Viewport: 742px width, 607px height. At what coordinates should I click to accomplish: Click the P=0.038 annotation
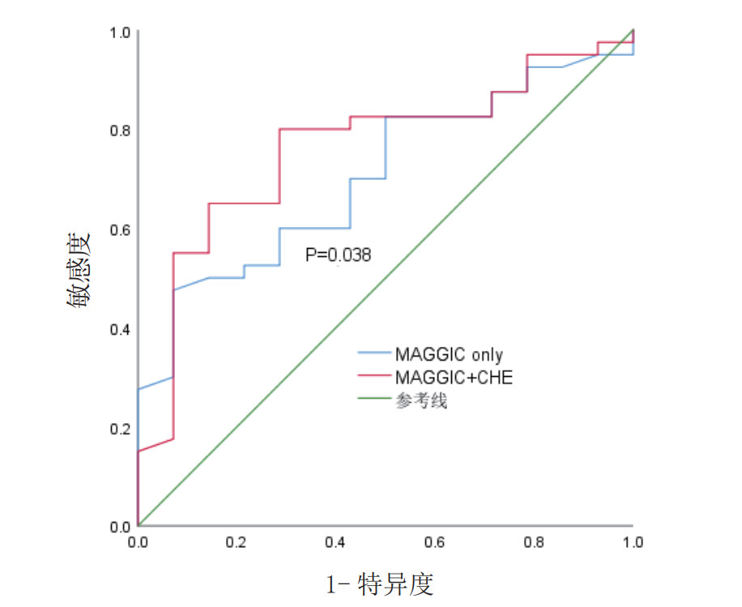click(x=338, y=255)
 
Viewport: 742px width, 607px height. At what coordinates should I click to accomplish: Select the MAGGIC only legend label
click(x=449, y=355)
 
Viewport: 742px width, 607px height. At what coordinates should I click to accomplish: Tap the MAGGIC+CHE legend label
click(x=454, y=378)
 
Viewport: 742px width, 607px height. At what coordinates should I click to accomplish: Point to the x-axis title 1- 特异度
click(x=380, y=583)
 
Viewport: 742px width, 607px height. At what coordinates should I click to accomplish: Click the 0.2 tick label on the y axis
click(x=120, y=428)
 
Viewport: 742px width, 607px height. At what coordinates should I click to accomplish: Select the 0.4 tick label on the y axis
click(x=120, y=329)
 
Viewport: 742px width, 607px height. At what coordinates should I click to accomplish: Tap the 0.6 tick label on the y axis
click(x=120, y=230)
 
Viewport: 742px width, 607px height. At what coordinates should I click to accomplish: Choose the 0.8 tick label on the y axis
click(x=120, y=130)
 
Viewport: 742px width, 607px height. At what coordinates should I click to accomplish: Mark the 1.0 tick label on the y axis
click(x=120, y=32)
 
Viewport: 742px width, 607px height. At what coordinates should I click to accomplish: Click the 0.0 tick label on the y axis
click(x=120, y=527)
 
